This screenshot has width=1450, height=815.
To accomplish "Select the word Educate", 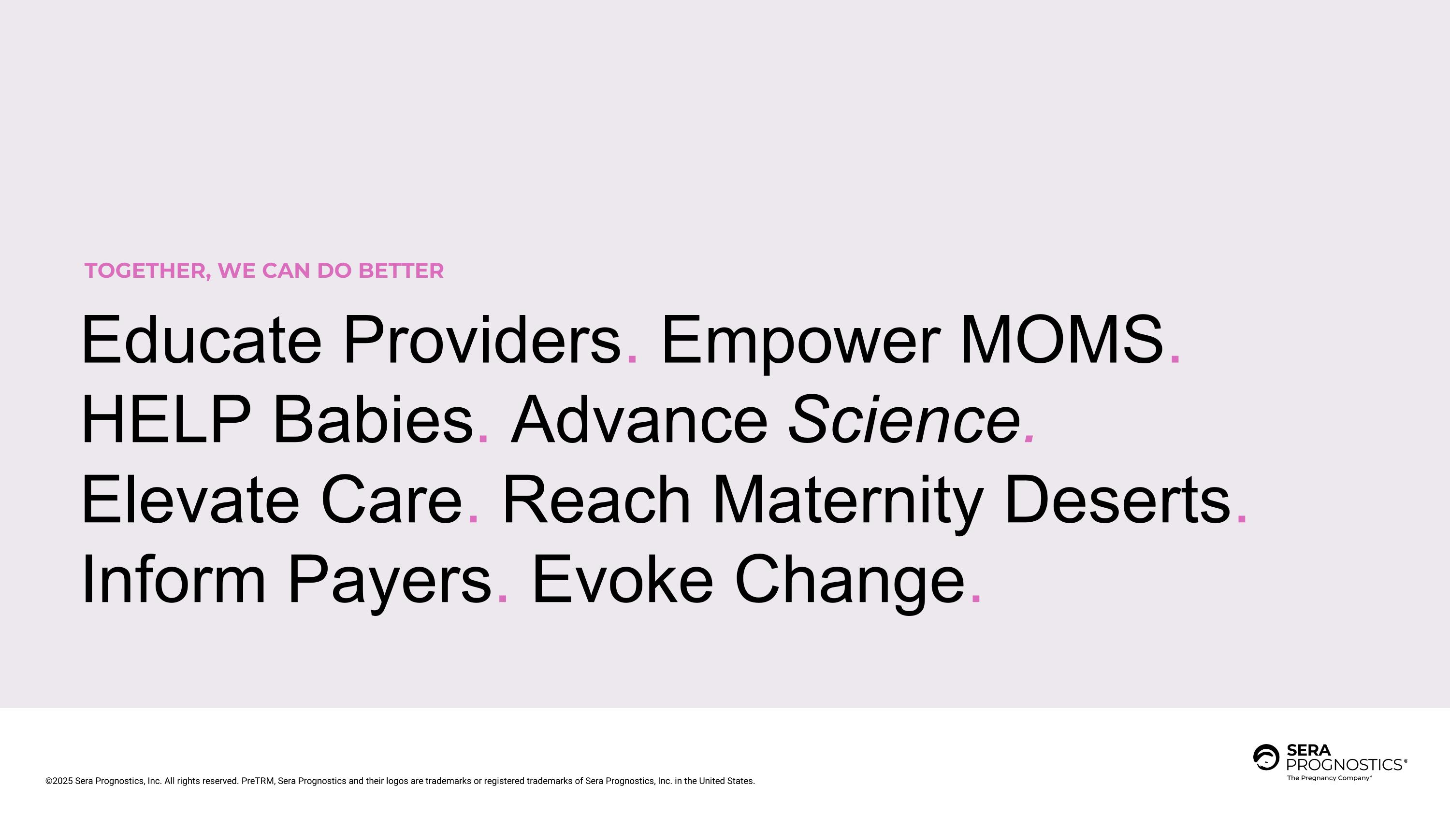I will (x=201, y=340).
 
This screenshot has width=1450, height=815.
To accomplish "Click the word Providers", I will (x=482, y=340).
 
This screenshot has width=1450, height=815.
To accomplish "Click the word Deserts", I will (x=1117, y=500).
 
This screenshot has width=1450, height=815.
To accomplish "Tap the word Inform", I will (x=174, y=580).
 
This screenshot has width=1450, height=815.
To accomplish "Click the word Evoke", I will (x=623, y=580).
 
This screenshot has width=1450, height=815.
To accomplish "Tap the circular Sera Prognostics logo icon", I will (x=1266, y=757).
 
